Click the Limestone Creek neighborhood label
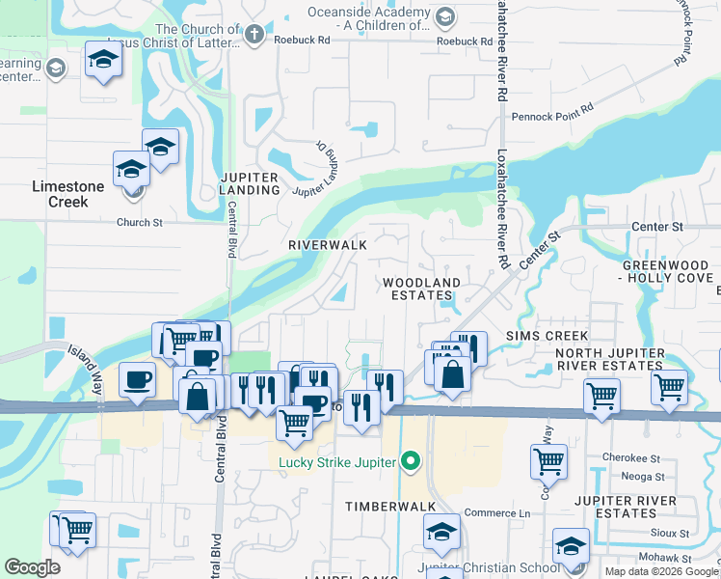point(61,193)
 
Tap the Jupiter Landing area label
point(249,183)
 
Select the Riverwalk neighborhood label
point(328,245)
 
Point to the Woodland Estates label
point(422,289)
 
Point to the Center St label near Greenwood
point(656,227)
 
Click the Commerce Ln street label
point(497,513)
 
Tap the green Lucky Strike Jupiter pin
point(412,462)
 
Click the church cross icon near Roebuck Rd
point(254,36)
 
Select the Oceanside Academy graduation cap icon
point(444,16)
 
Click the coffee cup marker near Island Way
point(137,379)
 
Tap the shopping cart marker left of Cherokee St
point(548,461)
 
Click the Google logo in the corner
point(33,567)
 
